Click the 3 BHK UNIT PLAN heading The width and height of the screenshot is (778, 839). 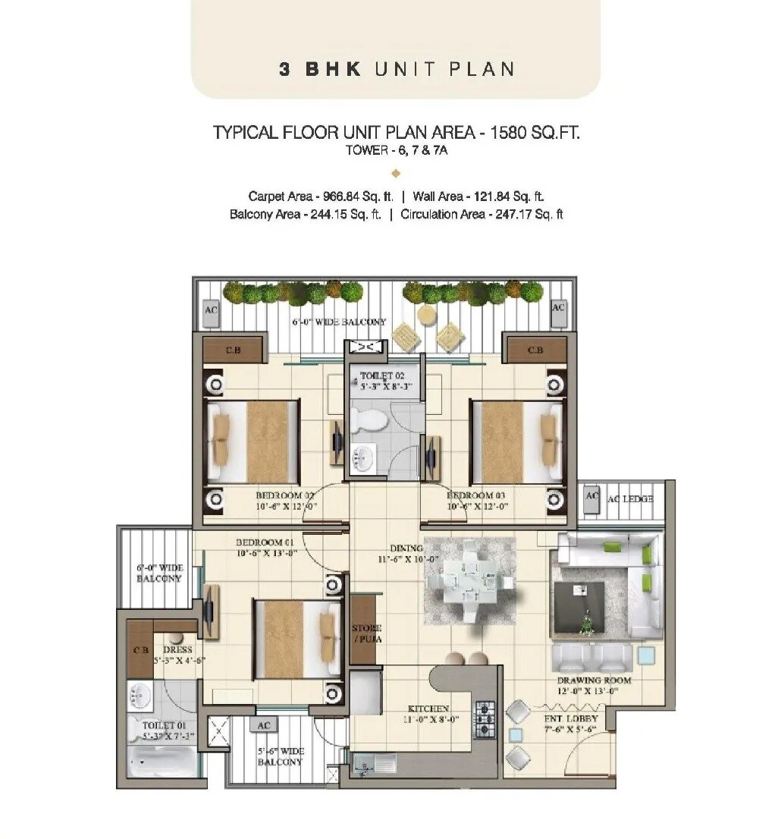point(396,69)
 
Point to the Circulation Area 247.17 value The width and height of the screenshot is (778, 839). point(519,214)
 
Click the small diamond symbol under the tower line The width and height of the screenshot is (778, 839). point(395,173)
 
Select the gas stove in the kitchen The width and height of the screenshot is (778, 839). point(485,719)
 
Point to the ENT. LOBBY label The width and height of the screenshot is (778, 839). point(570,718)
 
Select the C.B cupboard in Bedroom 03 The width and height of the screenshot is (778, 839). point(536,350)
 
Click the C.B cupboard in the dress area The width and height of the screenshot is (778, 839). point(140,651)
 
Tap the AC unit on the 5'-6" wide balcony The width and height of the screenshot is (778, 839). point(264,724)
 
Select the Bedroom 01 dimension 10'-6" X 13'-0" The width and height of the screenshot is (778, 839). point(266,553)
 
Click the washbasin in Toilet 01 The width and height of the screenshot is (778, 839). point(140,694)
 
